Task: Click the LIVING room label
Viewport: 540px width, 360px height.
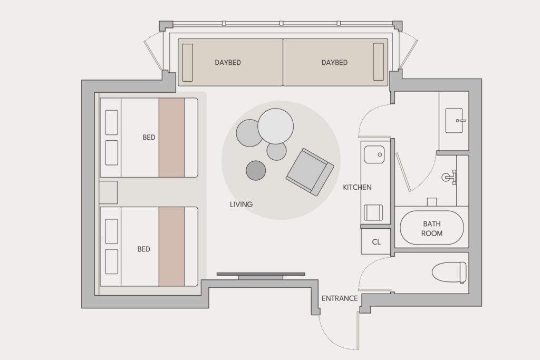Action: tap(241, 205)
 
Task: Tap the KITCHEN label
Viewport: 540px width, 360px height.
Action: tap(357, 187)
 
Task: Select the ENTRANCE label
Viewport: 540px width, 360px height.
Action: tap(340, 298)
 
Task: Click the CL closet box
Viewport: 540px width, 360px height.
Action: tap(376, 241)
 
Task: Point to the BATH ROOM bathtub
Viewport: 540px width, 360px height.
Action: tap(432, 228)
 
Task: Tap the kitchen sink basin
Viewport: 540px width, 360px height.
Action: tap(374, 154)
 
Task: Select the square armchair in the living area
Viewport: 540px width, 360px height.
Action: tap(310, 172)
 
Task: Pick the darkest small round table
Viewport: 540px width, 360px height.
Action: tap(256, 170)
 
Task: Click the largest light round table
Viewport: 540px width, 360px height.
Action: tap(275, 126)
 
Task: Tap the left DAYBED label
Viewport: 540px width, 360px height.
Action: tap(228, 63)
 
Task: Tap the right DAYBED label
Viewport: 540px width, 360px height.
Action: tap(334, 63)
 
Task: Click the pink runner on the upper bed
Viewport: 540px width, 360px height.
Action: tap(171, 138)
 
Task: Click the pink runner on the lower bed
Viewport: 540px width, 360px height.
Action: tap(171, 247)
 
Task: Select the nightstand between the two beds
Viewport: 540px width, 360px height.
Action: tap(108, 192)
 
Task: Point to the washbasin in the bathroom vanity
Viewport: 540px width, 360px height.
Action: tap(455, 121)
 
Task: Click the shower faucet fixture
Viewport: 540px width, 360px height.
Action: tap(450, 177)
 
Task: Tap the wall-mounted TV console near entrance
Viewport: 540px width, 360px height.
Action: tap(261, 275)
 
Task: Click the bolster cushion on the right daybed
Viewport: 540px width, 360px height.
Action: tap(379, 62)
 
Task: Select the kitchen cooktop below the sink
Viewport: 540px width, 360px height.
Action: tap(373, 212)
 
